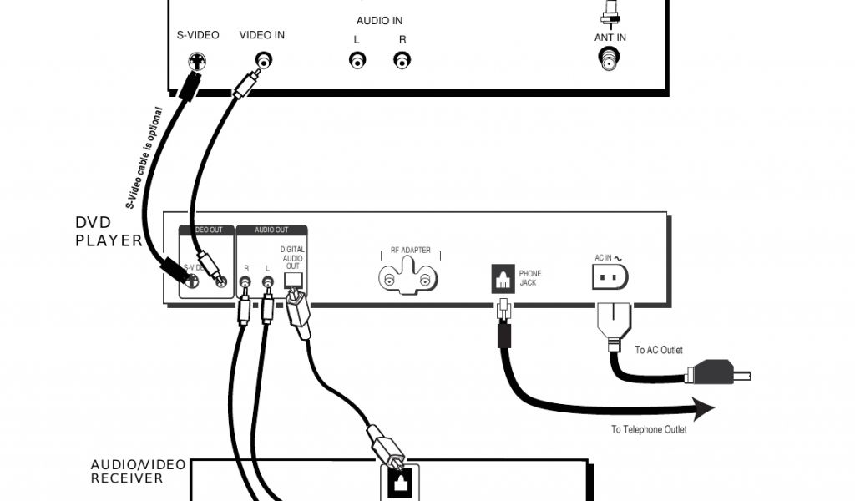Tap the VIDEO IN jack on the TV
pyautogui.click(x=265, y=60)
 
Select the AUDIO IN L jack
pyautogui.click(x=357, y=60)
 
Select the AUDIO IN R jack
pyautogui.click(x=402, y=60)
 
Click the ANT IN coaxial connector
pyautogui.click(x=610, y=59)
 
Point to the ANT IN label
pyautogui.click(x=610, y=38)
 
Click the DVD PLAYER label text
pyautogui.click(x=109, y=231)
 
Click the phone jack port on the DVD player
pyautogui.click(x=503, y=278)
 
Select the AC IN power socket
pyautogui.click(x=610, y=276)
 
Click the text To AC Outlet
pyautogui.click(x=659, y=350)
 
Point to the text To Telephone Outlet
pyautogui.click(x=649, y=429)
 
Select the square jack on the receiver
pyautogui.click(x=397, y=482)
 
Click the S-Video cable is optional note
pyautogui.click(x=145, y=158)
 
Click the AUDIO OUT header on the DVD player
pyautogui.click(x=271, y=230)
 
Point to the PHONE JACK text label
pyautogui.click(x=530, y=278)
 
